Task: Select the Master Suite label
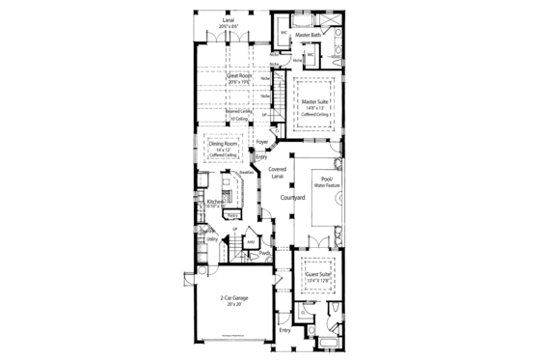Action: pos(315,101)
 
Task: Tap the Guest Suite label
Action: pos(317,274)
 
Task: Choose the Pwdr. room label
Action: pos(263,253)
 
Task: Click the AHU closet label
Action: pos(250,241)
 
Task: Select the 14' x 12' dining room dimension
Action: pos(226,151)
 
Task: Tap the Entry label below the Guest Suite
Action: pos(283,330)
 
